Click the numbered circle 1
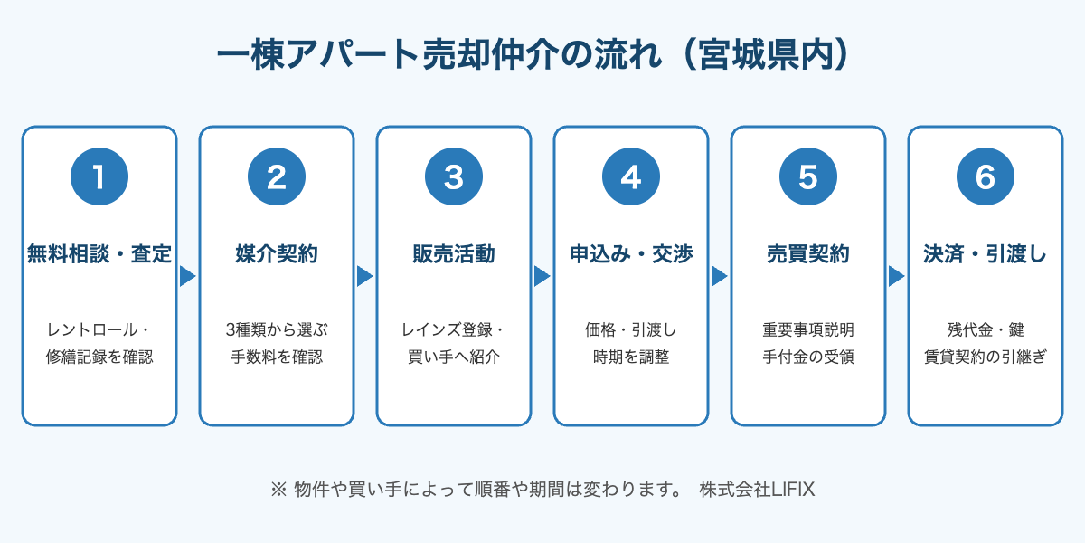[x=99, y=176]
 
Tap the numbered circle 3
[x=454, y=176]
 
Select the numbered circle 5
[x=808, y=176]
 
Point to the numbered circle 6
[x=986, y=176]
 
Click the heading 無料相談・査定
[x=99, y=254]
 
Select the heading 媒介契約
[x=277, y=254]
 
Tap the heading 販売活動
[x=454, y=254]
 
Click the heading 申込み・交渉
[x=631, y=254]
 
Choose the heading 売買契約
[x=808, y=254]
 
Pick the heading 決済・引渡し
[x=986, y=254]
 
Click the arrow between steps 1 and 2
[x=187, y=276]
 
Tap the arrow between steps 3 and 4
[x=542, y=276]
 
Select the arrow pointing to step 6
[x=897, y=276]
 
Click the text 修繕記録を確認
[x=99, y=357]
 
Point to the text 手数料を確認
[x=277, y=357]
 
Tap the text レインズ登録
[x=447, y=329]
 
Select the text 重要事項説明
[x=808, y=329]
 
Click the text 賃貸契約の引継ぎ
[x=986, y=357]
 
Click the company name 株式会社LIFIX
[x=757, y=490]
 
